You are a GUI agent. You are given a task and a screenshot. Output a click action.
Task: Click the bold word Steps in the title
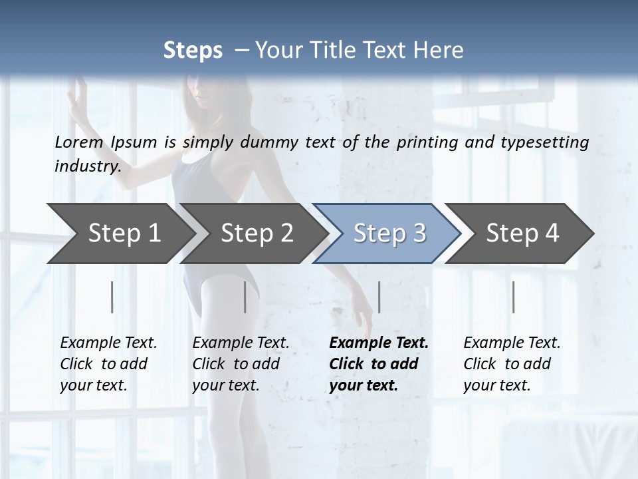tap(193, 50)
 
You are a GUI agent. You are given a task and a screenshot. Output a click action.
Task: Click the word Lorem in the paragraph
tap(78, 142)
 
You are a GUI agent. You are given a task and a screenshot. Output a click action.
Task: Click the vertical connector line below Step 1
tap(112, 297)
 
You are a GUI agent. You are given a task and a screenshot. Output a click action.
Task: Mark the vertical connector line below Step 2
tap(245, 297)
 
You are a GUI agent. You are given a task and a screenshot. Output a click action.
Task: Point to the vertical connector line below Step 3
tap(379, 297)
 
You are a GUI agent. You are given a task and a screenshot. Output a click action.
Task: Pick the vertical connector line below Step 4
tap(513, 297)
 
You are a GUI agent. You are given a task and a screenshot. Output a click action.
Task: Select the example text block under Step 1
tap(108, 364)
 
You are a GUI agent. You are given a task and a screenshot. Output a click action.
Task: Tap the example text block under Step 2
tap(241, 364)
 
